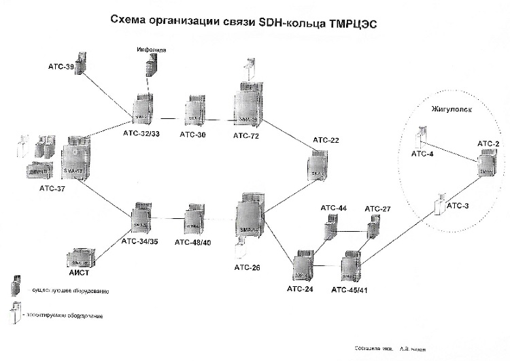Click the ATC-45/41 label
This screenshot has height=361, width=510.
click(351, 290)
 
